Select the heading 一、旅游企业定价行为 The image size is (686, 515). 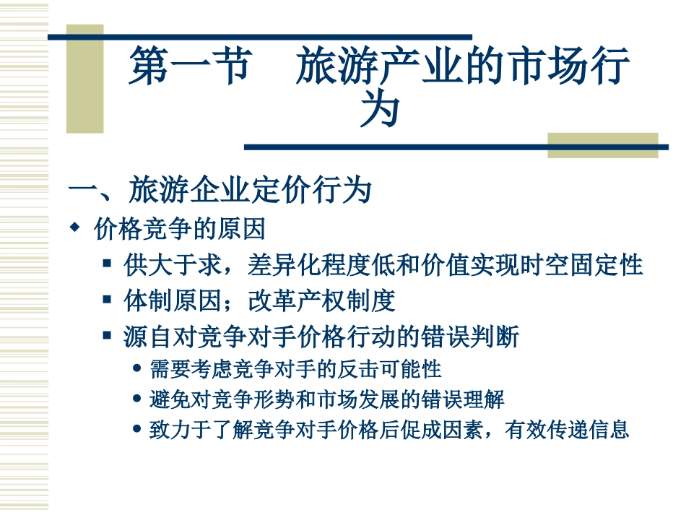click(220, 191)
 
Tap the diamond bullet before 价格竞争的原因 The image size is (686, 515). click(74, 228)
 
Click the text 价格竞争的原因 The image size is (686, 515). click(180, 229)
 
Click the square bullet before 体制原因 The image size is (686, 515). click(107, 300)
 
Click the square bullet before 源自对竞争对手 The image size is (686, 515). click(107, 336)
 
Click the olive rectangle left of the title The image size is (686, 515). click(84, 79)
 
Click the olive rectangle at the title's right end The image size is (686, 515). click(602, 144)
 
